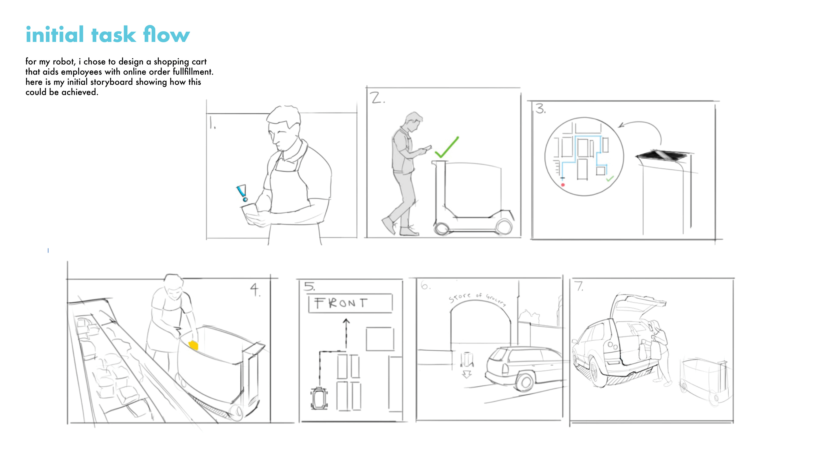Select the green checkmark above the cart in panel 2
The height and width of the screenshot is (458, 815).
pos(446,147)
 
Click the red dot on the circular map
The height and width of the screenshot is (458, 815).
pos(563,185)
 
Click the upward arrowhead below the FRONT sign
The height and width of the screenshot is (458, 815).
pos(346,321)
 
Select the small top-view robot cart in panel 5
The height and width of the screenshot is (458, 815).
pos(319,399)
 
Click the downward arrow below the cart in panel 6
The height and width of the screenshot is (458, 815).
pos(467,374)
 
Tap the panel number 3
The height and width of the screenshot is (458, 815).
pos(540,109)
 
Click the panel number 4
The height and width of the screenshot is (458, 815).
pos(255,289)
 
